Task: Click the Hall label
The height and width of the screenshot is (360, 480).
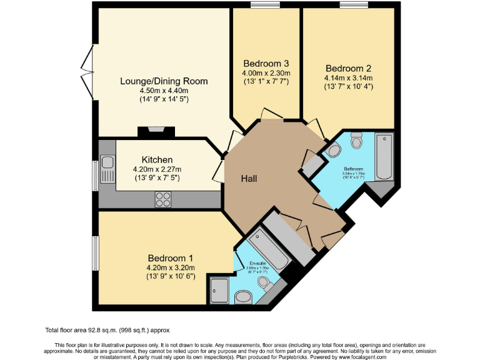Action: [251, 179]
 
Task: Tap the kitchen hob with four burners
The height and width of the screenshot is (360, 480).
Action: [163, 199]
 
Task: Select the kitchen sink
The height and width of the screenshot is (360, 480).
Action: [107, 163]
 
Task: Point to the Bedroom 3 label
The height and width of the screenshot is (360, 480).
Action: [266, 64]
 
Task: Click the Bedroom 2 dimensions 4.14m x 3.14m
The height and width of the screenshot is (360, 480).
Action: [348, 77]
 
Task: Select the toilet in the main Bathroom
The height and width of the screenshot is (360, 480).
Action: [357, 142]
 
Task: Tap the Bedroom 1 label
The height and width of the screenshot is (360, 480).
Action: [171, 258]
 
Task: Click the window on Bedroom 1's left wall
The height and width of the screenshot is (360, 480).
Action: [96, 252]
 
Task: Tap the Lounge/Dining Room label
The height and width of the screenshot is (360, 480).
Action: [164, 81]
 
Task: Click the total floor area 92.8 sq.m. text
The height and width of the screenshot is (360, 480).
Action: [107, 330]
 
